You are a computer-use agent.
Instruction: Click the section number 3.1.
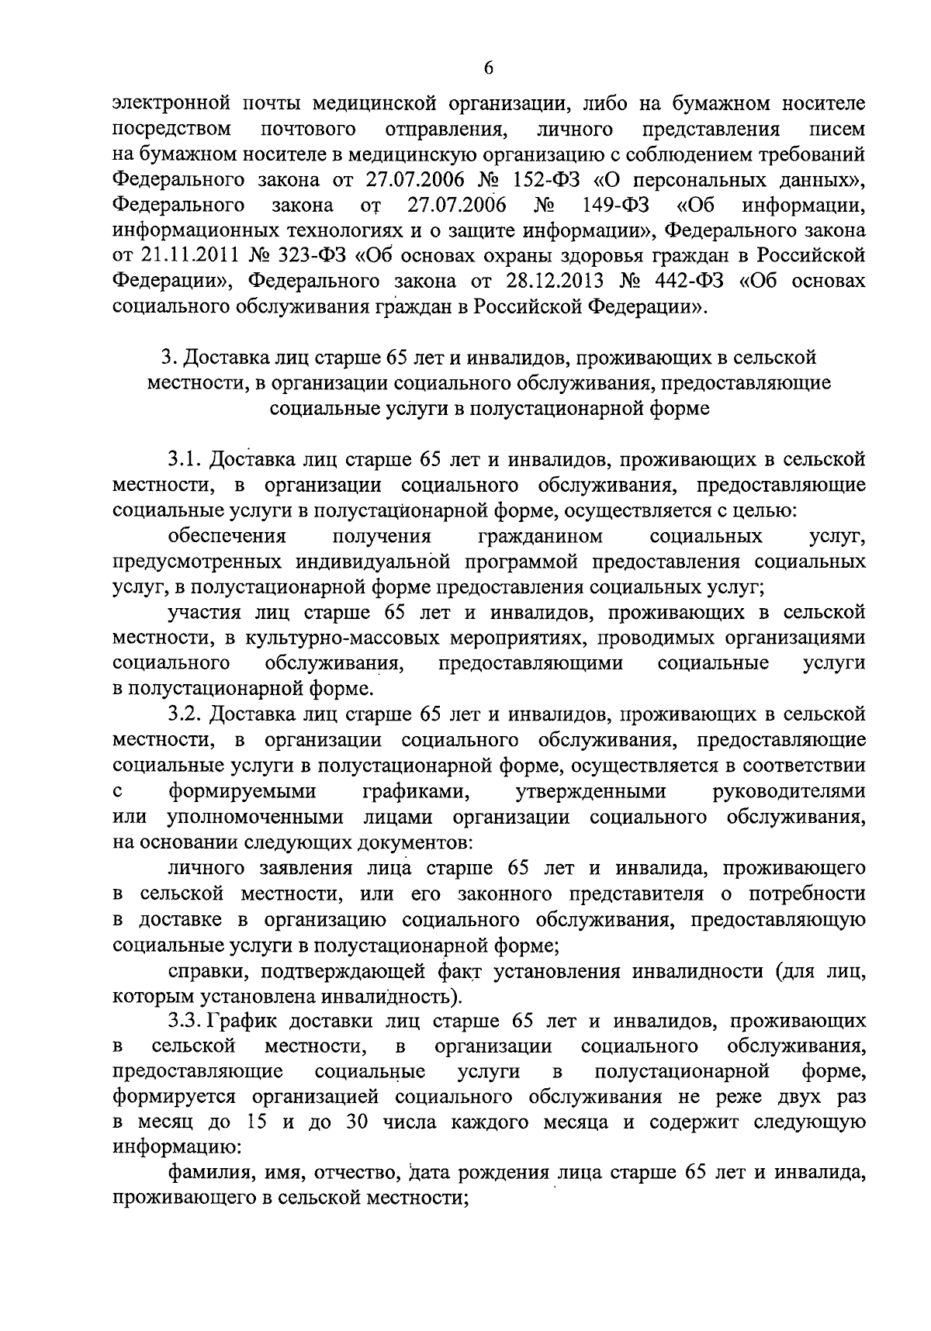click(x=185, y=460)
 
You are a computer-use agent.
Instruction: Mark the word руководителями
click(x=788, y=792)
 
